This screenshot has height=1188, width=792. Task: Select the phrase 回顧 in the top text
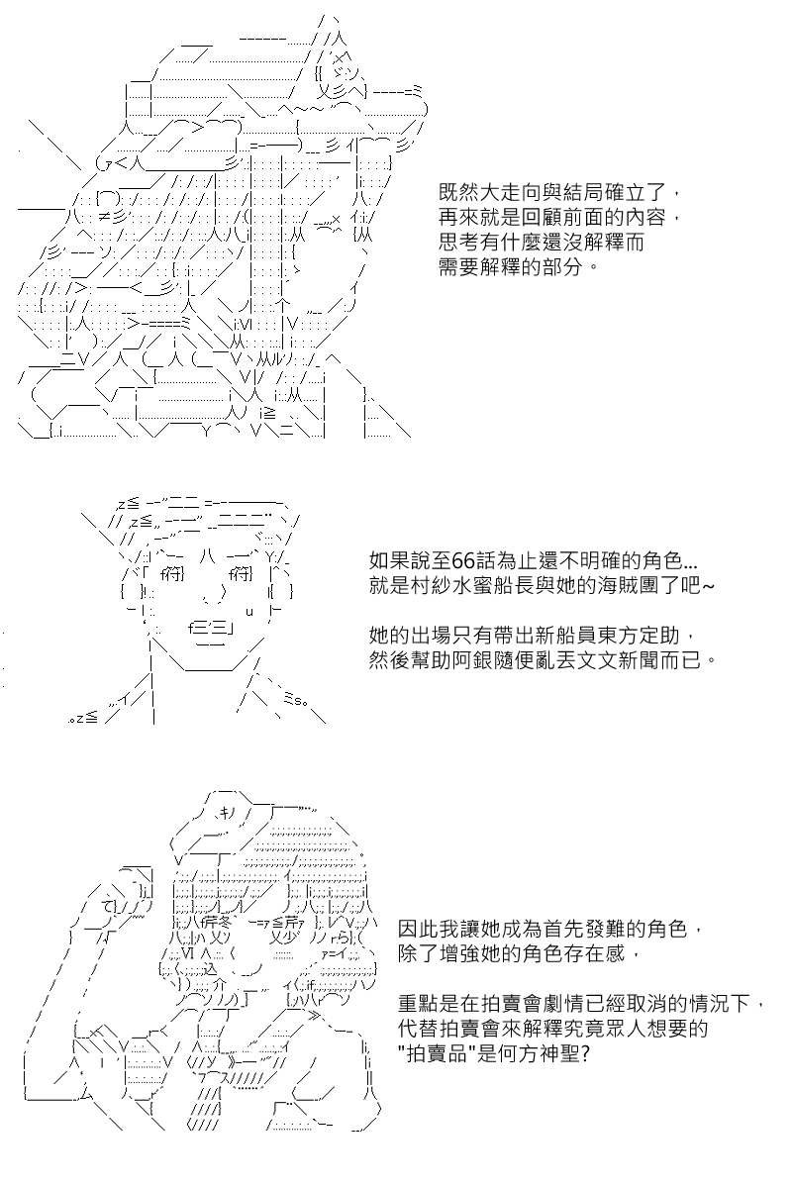(x=543, y=217)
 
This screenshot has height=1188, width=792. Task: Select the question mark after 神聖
(x=585, y=1053)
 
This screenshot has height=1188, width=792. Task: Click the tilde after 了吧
(x=708, y=586)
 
